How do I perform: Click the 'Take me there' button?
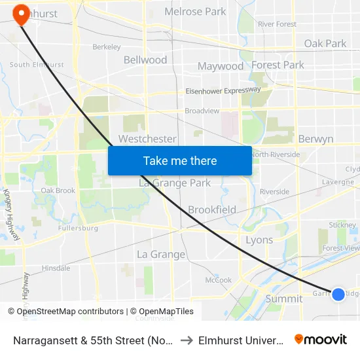pos(180,160)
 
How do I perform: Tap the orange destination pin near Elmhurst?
pos(21,14)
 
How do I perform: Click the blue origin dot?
pos(338,295)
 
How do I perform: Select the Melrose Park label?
pos(195,12)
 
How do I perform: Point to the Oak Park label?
pos(325,44)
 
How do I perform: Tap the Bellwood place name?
pos(145,60)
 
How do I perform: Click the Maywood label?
pos(221,66)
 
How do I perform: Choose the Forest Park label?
pos(278,65)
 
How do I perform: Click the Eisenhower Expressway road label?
pos(223,91)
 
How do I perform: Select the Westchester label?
pos(147,139)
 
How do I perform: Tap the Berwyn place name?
pos(315,139)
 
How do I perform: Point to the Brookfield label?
pos(212,210)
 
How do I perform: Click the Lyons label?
pos(259,240)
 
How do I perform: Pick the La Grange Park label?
pos(175,183)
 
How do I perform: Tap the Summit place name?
pos(284,298)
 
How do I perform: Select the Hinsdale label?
pos(56,268)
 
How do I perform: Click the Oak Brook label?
pos(58,191)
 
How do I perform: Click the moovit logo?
pos(321,339)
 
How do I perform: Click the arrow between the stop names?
pos(186,340)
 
